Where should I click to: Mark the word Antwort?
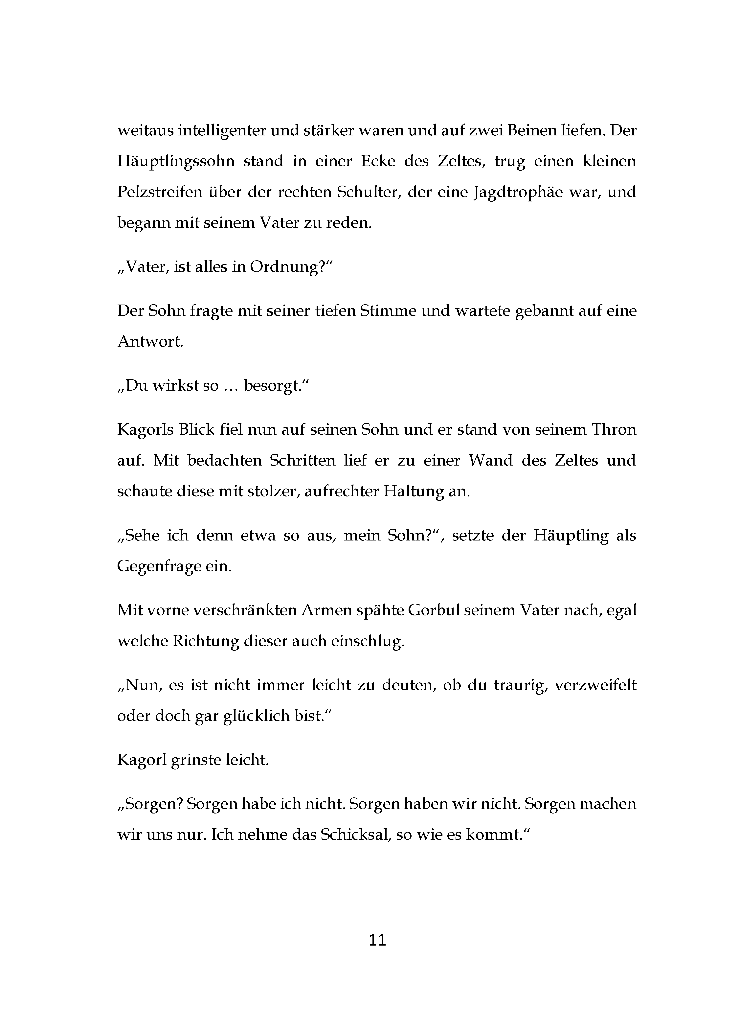point(150,341)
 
